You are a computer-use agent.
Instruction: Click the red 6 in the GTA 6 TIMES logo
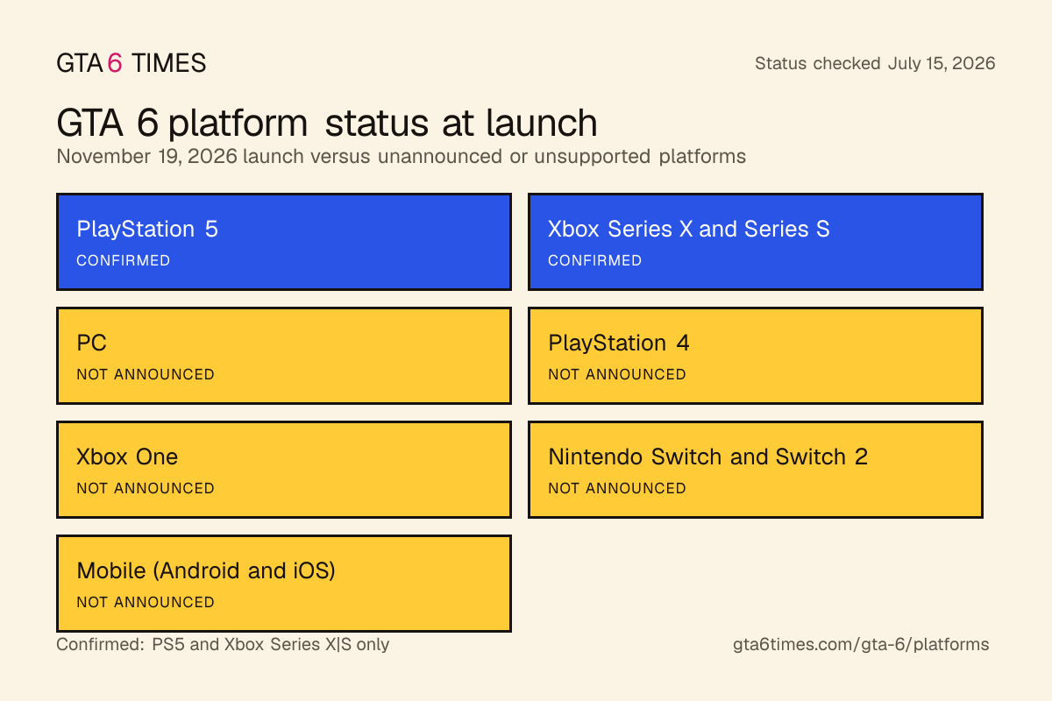click(x=115, y=63)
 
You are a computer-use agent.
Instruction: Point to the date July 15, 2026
click(x=942, y=63)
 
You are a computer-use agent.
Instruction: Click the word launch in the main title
click(x=541, y=123)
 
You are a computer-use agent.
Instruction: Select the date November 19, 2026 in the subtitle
click(x=146, y=157)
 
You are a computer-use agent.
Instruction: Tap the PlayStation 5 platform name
click(x=147, y=229)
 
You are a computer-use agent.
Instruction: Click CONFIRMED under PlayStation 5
click(x=123, y=260)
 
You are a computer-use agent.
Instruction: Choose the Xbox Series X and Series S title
click(x=688, y=229)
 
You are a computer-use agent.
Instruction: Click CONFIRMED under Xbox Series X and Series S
click(x=594, y=260)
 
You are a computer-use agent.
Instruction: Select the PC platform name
click(x=91, y=343)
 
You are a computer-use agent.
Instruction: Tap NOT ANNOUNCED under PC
click(x=146, y=374)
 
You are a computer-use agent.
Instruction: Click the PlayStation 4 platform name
click(x=619, y=343)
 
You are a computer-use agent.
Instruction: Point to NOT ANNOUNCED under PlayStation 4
click(x=616, y=374)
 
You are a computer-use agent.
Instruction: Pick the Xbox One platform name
click(x=127, y=457)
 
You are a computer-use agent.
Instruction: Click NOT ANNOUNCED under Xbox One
click(x=146, y=488)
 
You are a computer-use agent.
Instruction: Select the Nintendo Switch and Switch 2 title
click(x=707, y=457)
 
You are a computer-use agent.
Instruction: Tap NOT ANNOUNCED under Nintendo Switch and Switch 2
click(x=616, y=488)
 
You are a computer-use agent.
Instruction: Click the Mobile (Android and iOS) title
click(x=206, y=571)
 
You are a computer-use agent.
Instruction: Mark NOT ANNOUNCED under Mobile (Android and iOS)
click(x=146, y=602)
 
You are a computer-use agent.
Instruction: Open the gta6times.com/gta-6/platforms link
click(x=861, y=645)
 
